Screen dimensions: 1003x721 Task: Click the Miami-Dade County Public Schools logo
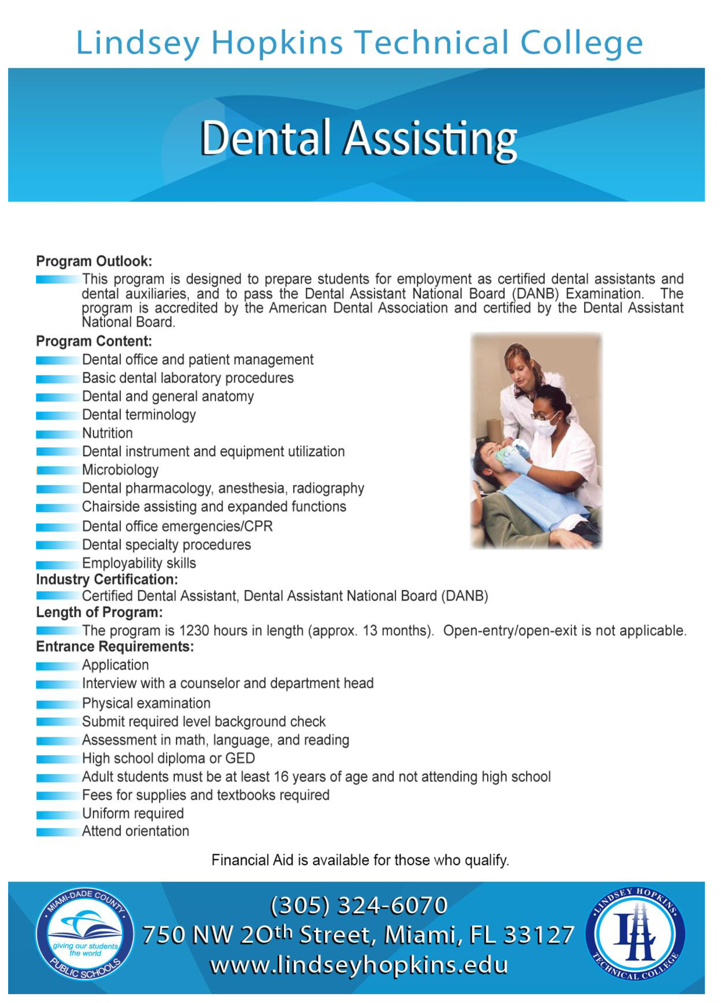coord(84,933)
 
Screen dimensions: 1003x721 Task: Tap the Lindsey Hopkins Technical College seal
coord(635,933)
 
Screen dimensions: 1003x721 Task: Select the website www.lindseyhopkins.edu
coord(358,965)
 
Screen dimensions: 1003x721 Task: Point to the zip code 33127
coord(539,935)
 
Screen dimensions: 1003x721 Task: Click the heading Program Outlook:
coord(94,261)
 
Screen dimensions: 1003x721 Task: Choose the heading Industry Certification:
coord(107,579)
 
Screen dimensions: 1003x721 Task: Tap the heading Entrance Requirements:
coord(115,646)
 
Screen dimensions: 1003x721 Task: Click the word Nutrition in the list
coord(108,433)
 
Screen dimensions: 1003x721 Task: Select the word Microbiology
coord(120,470)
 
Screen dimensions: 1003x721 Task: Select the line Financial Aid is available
coord(360,860)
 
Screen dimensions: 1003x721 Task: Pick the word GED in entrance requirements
coord(240,758)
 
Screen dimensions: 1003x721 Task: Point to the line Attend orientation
coord(135,831)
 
